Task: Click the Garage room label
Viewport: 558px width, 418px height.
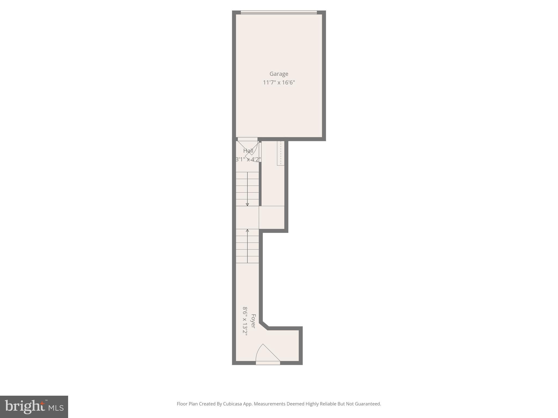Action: pyautogui.click(x=279, y=74)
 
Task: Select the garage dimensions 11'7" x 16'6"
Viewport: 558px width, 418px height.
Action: pyautogui.click(x=279, y=82)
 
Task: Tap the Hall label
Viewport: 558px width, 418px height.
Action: pyautogui.click(x=248, y=151)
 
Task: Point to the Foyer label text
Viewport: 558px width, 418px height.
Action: pyautogui.click(x=253, y=321)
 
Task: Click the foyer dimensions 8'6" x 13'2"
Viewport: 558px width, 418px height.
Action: pyautogui.click(x=245, y=321)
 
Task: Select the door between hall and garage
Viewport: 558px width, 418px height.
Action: pyautogui.click(x=247, y=139)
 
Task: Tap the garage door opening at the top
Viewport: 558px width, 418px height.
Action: pyautogui.click(x=279, y=12)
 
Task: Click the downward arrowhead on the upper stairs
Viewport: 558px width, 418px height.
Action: pyautogui.click(x=247, y=204)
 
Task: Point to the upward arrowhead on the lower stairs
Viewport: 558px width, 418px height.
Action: pyautogui.click(x=247, y=231)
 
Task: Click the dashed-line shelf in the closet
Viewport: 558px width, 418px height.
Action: pyautogui.click(x=281, y=153)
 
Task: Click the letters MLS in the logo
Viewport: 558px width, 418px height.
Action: pyautogui.click(x=56, y=408)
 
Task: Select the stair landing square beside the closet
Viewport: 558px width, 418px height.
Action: pyautogui.click(x=272, y=217)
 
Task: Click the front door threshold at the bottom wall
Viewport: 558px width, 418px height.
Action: pyautogui.click(x=268, y=363)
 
